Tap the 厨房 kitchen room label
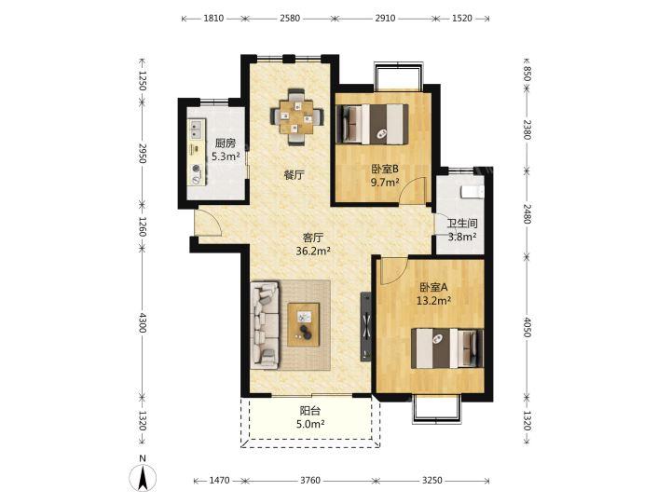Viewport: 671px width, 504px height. tap(226, 143)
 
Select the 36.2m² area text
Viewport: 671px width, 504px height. tap(313, 252)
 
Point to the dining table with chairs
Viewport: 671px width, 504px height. tap(296, 116)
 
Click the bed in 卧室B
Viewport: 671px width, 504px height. tap(372, 124)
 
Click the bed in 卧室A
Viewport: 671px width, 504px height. tap(447, 348)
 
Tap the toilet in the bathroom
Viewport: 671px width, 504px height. tap(472, 192)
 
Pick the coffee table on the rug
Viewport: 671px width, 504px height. tap(304, 325)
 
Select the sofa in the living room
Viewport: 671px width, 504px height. tap(266, 325)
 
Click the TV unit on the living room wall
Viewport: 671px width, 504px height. tap(366, 327)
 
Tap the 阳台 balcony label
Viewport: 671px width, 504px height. tap(309, 411)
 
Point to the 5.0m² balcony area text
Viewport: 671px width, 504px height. tap(310, 424)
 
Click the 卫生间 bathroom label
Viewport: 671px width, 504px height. tap(462, 224)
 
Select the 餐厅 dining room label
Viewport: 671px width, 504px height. tap(294, 175)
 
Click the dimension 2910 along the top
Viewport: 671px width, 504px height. tap(385, 19)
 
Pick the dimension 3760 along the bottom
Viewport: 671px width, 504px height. tap(309, 481)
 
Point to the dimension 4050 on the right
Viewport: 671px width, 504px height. tap(527, 327)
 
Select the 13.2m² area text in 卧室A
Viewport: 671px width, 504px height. tap(433, 301)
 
